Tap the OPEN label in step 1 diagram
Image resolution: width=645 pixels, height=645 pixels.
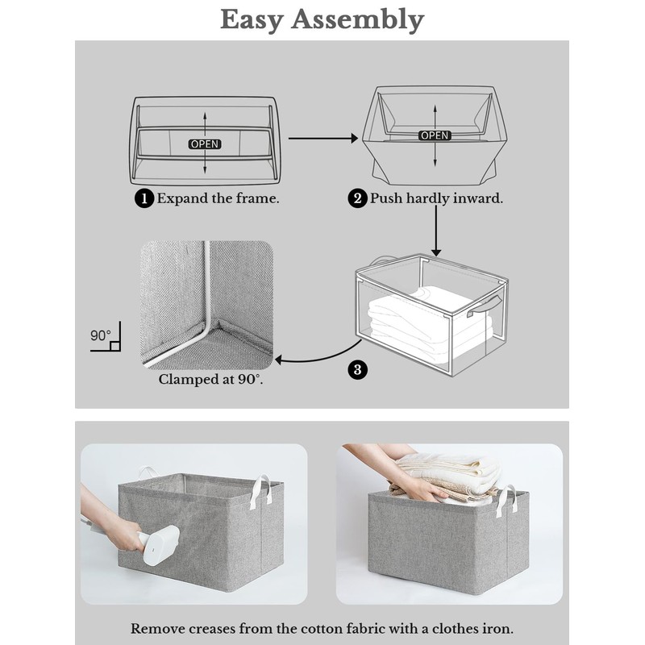205,144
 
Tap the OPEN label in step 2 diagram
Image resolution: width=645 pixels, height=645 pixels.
435,135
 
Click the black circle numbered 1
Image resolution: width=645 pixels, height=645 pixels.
144,199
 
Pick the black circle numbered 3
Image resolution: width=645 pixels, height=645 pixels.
358,370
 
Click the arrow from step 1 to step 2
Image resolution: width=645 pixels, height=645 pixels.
322,139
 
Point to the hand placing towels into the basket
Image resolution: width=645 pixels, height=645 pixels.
419,486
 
